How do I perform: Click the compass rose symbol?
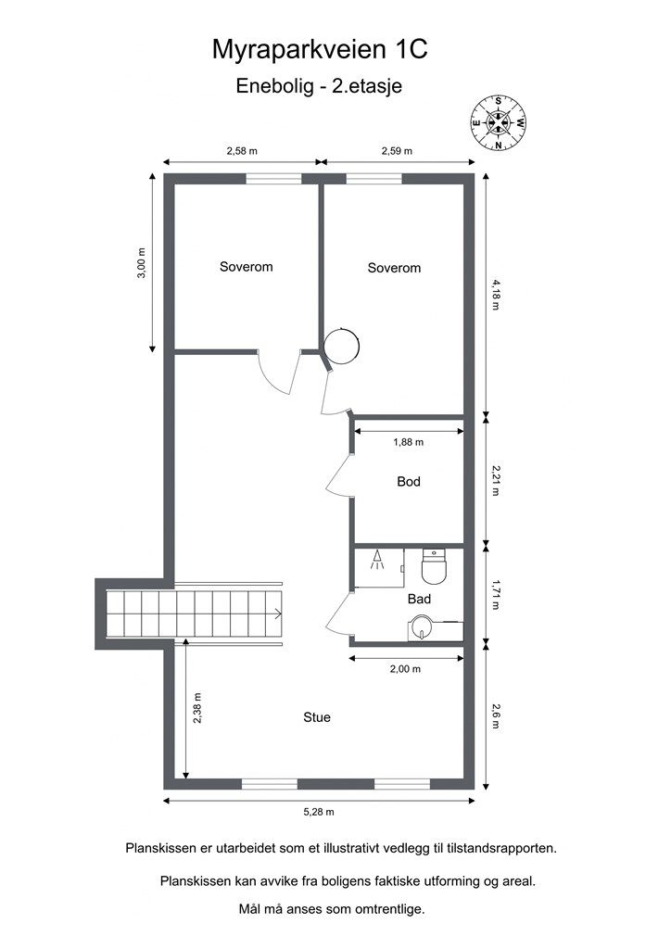[x=498, y=123]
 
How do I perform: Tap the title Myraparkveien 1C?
[x=320, y=50]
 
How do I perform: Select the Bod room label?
[x=409, y=482]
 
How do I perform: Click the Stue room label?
[x=317, y=717]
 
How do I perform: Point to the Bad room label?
[x=419, y=600]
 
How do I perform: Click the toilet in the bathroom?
[x=433, y=566]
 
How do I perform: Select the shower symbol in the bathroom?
[x=378, y=559]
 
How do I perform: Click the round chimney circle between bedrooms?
[x=342, y=347]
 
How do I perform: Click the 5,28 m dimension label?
[x=319, y=812]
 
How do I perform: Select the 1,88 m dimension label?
[x=409, y=442]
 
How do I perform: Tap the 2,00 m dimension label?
[x=405, y=669]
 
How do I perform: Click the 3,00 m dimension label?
[x=142, y=262]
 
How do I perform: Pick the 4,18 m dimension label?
[x=496, y=294]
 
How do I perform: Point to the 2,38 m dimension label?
[x=197, y=708]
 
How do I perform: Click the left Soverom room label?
[x=247, y=267]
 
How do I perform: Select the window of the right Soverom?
[x=373, y=178]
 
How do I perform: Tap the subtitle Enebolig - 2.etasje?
[x=319, y=86]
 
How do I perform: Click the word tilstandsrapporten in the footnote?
[x=501, y=849]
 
